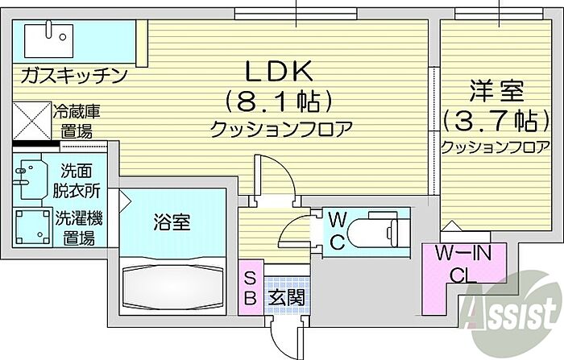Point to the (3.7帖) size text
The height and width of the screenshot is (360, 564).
491,121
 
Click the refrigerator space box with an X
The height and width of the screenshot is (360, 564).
32,121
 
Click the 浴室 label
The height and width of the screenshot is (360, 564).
172,222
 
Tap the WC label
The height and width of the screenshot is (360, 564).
337,229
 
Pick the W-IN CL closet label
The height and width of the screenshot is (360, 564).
463,264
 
